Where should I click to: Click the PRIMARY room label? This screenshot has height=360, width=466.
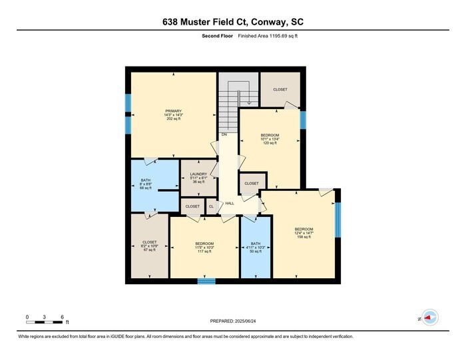(x=174, y=111)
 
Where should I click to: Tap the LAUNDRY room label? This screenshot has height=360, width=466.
(x=198, y=174)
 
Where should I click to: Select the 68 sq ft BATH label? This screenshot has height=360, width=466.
(x=146, y=180)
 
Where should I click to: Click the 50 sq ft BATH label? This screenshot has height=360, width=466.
(x=256, y=244)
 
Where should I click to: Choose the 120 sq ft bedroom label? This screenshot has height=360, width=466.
(x=270, y=136)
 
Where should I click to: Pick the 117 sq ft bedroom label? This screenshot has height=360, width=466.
(x=204, y=244)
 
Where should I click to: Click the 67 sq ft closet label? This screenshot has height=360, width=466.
(x=149, y=242)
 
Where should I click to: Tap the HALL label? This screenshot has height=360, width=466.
(x=229, y=203)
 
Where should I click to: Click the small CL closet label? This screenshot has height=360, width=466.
(x=211, y=206)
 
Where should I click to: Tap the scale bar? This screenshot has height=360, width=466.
(x=44, y=322)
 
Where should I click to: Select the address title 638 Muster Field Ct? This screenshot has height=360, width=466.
(x=233, y=22)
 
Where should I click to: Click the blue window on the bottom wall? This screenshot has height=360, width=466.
(x=206, y=281)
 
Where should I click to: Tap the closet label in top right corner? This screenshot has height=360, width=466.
(x=280, y=89)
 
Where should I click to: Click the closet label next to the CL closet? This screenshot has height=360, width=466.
(x=192, y=206)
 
